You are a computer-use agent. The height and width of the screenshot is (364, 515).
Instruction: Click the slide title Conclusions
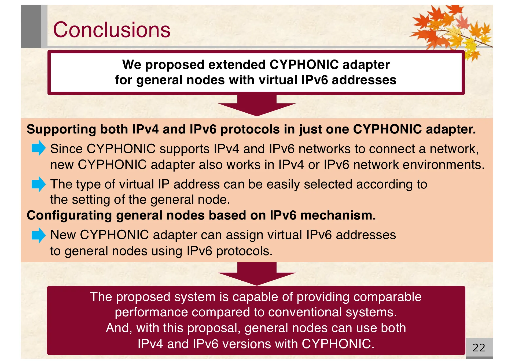point(112,29)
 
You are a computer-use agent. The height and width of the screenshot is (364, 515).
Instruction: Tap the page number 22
point(479,348)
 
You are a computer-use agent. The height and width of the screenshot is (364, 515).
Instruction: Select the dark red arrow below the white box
point(257,106)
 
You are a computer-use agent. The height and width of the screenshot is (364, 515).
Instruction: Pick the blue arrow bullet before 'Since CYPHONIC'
point(38,148)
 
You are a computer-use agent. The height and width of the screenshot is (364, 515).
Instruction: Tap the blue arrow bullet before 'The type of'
point(38,184)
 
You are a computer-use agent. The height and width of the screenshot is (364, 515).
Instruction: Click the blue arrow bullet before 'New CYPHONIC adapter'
point(38,235)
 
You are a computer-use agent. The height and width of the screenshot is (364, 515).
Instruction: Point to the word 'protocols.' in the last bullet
point(244,251)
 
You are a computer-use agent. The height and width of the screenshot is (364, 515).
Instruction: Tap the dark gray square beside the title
point(31,26)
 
